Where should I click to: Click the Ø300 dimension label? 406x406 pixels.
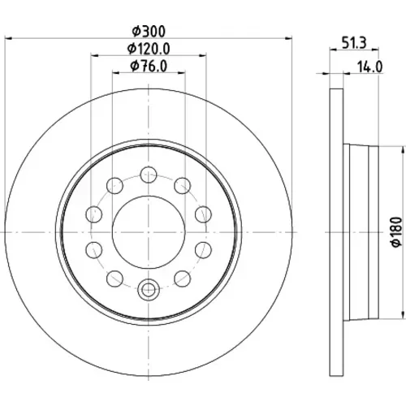coord(149,32)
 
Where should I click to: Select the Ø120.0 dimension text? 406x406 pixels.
coord(149,49)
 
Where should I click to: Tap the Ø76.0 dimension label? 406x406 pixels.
coord(149,66)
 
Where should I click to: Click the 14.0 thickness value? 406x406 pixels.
coord(370,67)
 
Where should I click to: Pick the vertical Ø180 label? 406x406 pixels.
coord(397,231)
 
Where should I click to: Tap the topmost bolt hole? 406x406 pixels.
coord(149,175)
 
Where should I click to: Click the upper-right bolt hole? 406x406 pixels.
coord(183,186)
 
